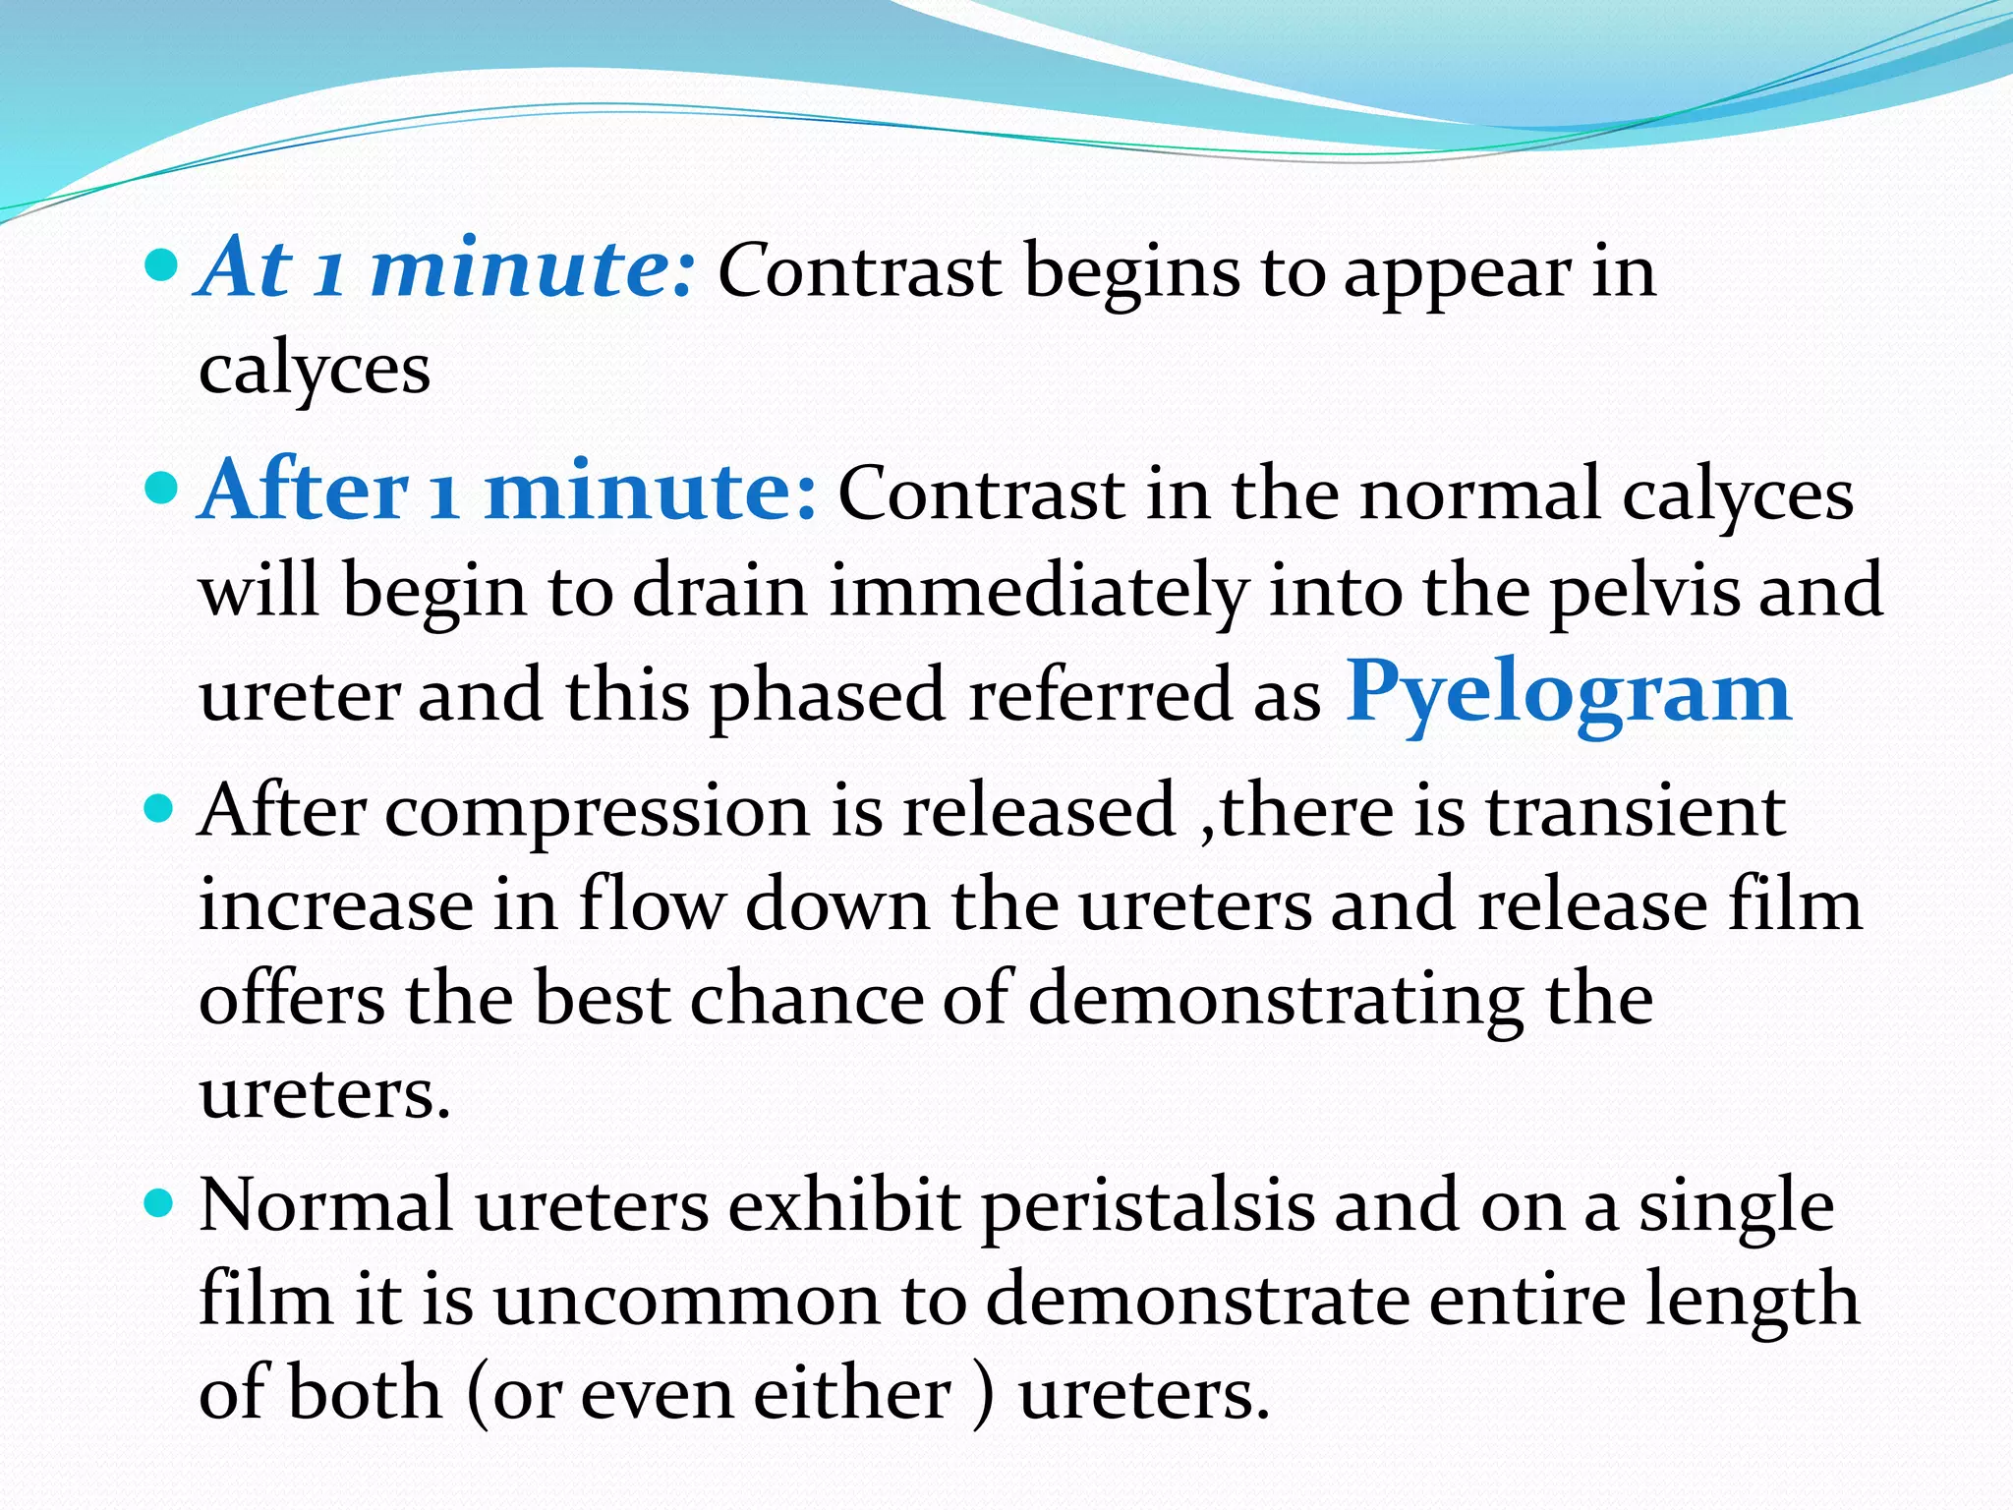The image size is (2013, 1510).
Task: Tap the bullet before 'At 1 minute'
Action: point(160,265)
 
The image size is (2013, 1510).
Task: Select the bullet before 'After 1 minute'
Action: point(160,488)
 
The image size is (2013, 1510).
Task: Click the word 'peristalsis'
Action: point(1147,1207)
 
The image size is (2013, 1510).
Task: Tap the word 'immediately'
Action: point(1038,594)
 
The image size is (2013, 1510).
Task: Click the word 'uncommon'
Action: point(686,1300)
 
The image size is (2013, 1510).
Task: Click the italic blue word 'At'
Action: point(246,267)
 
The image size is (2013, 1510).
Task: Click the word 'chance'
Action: point(807,1001)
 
